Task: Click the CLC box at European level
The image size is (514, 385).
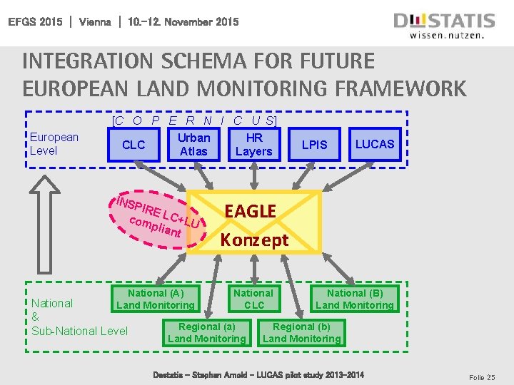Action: click(133, 145)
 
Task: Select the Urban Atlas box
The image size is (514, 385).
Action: click(193, 144)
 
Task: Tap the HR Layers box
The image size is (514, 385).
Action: click(253, 144)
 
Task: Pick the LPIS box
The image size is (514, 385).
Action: click(314, 145)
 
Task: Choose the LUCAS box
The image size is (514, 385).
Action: click(375, 144)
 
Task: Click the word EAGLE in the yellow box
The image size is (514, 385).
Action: click(250, 211)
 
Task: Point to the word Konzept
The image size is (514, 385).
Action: click(254, 240)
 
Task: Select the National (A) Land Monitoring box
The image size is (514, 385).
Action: click(156, 299)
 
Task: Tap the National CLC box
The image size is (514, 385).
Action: click(253, 299)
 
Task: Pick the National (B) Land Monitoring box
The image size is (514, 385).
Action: click(355, 299)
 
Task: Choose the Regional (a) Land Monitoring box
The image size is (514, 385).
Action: click(206, 332)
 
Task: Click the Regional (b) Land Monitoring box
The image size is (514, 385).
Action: click(302, 332)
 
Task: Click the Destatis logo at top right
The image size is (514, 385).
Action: click(443, 24)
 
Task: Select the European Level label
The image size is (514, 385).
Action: click(54, 143)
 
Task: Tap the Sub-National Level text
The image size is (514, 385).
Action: click(80, 331)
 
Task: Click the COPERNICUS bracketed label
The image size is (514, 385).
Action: click(195, 120)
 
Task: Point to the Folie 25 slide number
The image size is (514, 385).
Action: click(481, 376)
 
